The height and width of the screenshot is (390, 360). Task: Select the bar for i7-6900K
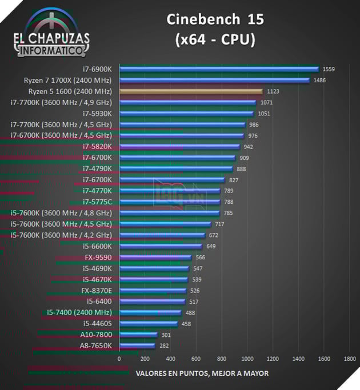pos(219,69)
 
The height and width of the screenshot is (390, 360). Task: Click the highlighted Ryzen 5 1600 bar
pos(191,91)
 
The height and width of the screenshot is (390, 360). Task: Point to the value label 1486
pos(319,81)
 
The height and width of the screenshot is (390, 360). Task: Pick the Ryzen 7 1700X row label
pos(67,81)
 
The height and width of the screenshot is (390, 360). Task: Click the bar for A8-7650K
pos(137,346)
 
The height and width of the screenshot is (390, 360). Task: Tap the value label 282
pos(165,346)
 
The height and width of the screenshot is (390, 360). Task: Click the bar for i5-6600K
pos(161,247)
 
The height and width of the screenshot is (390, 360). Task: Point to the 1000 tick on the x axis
pos(247,359)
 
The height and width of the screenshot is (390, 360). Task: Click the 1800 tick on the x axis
pos(350,359)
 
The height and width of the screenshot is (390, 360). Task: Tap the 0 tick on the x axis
pos(119,359)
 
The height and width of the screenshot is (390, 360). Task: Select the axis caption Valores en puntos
pos(202,373)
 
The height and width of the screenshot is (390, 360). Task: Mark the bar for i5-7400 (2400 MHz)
pos(150,313)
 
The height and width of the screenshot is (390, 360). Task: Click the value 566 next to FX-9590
pos(200,258)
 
